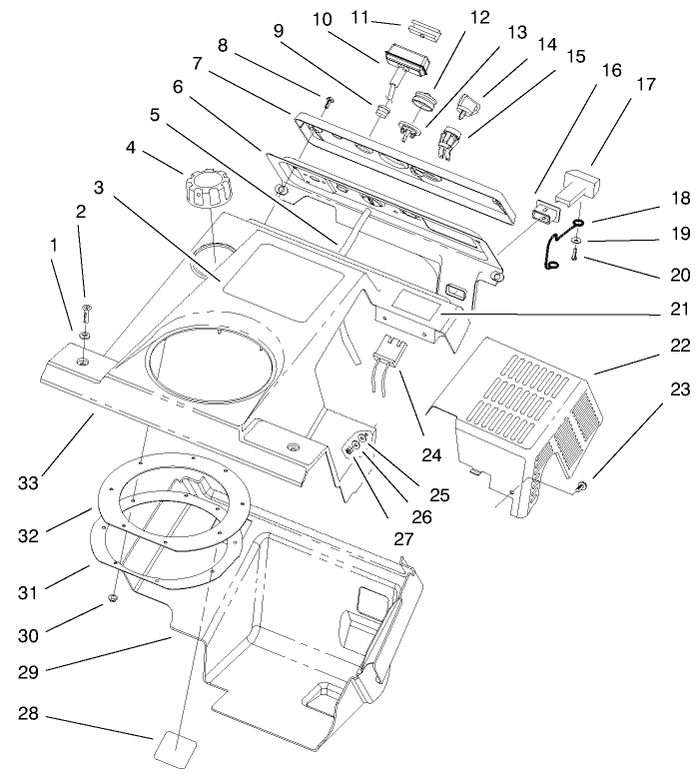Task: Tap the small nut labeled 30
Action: (113, 599)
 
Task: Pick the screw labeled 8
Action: (329, 98)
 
